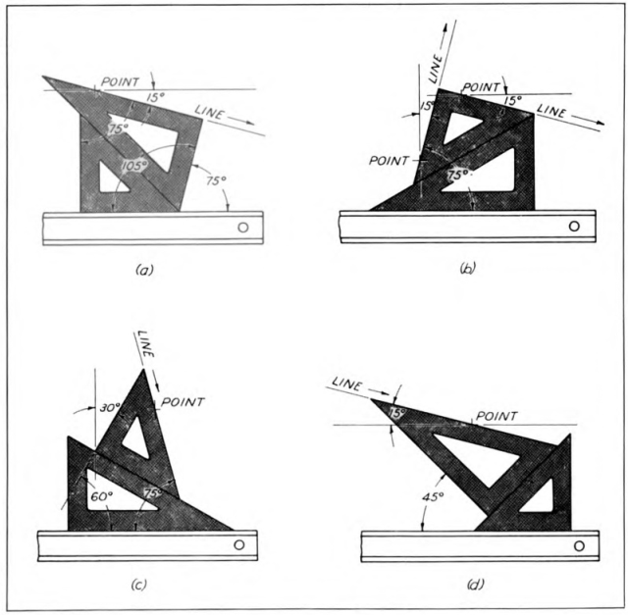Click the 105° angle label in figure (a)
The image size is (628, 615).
[x=134, y=165]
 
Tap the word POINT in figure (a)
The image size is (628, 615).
[x=120, y=82]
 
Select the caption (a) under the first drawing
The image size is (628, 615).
[x=144, y=270]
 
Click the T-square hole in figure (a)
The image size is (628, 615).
[x=243, y=228]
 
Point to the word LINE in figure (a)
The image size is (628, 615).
[x=209, y=113]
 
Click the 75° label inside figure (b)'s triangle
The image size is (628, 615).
[x=458, y=175]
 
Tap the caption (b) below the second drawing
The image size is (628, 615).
[x=468, y=268]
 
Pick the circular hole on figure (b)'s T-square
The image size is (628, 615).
[x=574, y=227]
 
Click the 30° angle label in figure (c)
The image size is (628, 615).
[x=110, y=408]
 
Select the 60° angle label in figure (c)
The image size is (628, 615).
[x=101, y=496]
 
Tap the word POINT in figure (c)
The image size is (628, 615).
[x=183, y=401]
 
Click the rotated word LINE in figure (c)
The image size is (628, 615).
[x=146, y=344]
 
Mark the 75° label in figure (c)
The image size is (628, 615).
[x=153, y=493]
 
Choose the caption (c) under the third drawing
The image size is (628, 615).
[x=139, y=585]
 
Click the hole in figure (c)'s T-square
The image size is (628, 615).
[x=239, y=545]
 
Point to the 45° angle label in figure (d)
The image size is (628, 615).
[x=433, y=497]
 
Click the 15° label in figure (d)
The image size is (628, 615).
[x=396, y=413]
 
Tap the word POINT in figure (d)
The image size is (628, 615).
[x=497, y=417]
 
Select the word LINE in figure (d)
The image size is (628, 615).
[x=346, y=384]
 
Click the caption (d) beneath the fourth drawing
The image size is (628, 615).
[x=475, y=585]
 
